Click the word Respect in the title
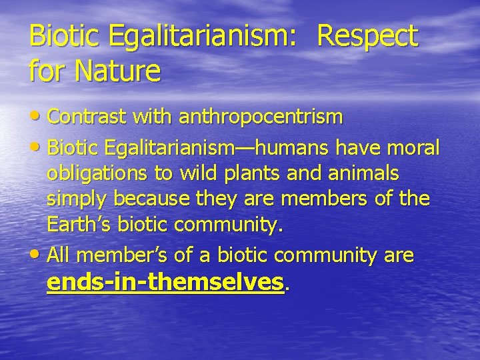click(368, 36)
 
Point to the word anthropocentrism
click(259, 118)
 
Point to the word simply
click(79, 200)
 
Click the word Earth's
click(79, 226)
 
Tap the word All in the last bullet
click(59, 254)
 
